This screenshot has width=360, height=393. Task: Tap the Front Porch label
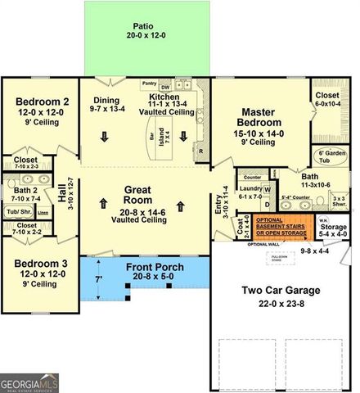[x=155, y=268]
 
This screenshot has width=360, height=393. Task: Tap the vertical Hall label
[x=62, y=194]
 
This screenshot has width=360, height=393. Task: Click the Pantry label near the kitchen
[x=149, y=83]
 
